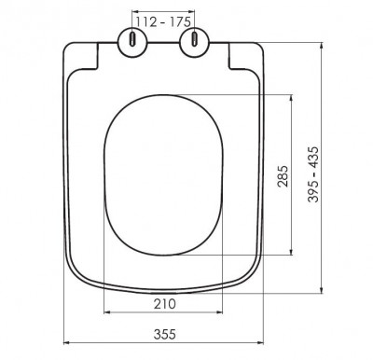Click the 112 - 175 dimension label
(163, 22)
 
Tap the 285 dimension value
(283, 176)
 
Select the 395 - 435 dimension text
(313, 174)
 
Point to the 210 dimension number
(165, 304)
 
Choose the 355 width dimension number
(165, 334)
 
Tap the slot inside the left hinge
(132, 39)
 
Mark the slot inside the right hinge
(195, 39)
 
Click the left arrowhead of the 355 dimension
(66, 342)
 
